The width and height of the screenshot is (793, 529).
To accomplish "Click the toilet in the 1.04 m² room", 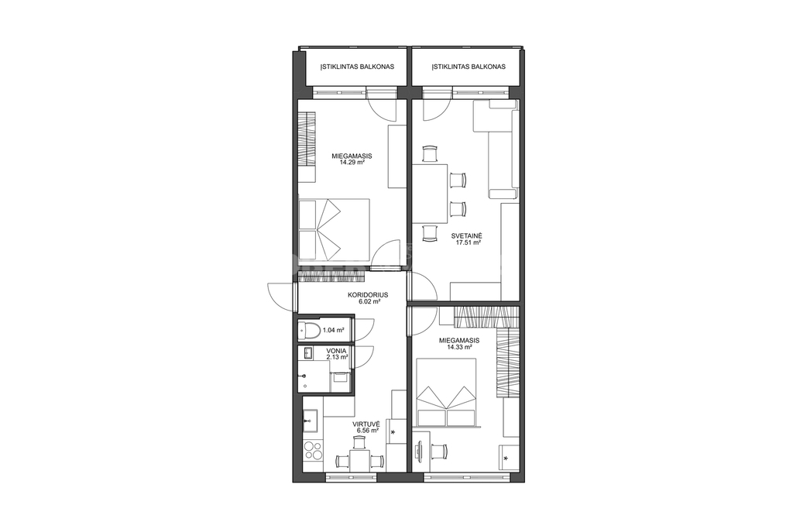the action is (x=309, y=331).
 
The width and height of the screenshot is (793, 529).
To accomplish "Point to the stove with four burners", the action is (x=314, y=451).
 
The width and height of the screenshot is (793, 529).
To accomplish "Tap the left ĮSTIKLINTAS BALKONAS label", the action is (x=357, y=67).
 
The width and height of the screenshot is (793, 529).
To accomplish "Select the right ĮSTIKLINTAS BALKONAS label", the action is (x=469, y=67).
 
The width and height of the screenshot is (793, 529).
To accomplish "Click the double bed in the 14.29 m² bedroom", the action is (x=335, y=228).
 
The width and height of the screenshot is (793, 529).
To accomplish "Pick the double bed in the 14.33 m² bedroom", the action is (x=446, y=393).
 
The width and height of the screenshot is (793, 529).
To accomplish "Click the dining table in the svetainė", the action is (x=430, y=194).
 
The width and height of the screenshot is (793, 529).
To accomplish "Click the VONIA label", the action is (x=336, y=351).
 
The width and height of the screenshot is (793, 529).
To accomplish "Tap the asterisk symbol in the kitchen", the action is (x=393, y=433).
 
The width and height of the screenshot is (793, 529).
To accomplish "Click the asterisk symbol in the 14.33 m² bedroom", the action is (x=506, y=459).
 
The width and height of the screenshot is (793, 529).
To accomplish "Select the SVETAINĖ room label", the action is (x=467, y=235).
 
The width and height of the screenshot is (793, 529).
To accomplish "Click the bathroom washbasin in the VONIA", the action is (x=307, y=353).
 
